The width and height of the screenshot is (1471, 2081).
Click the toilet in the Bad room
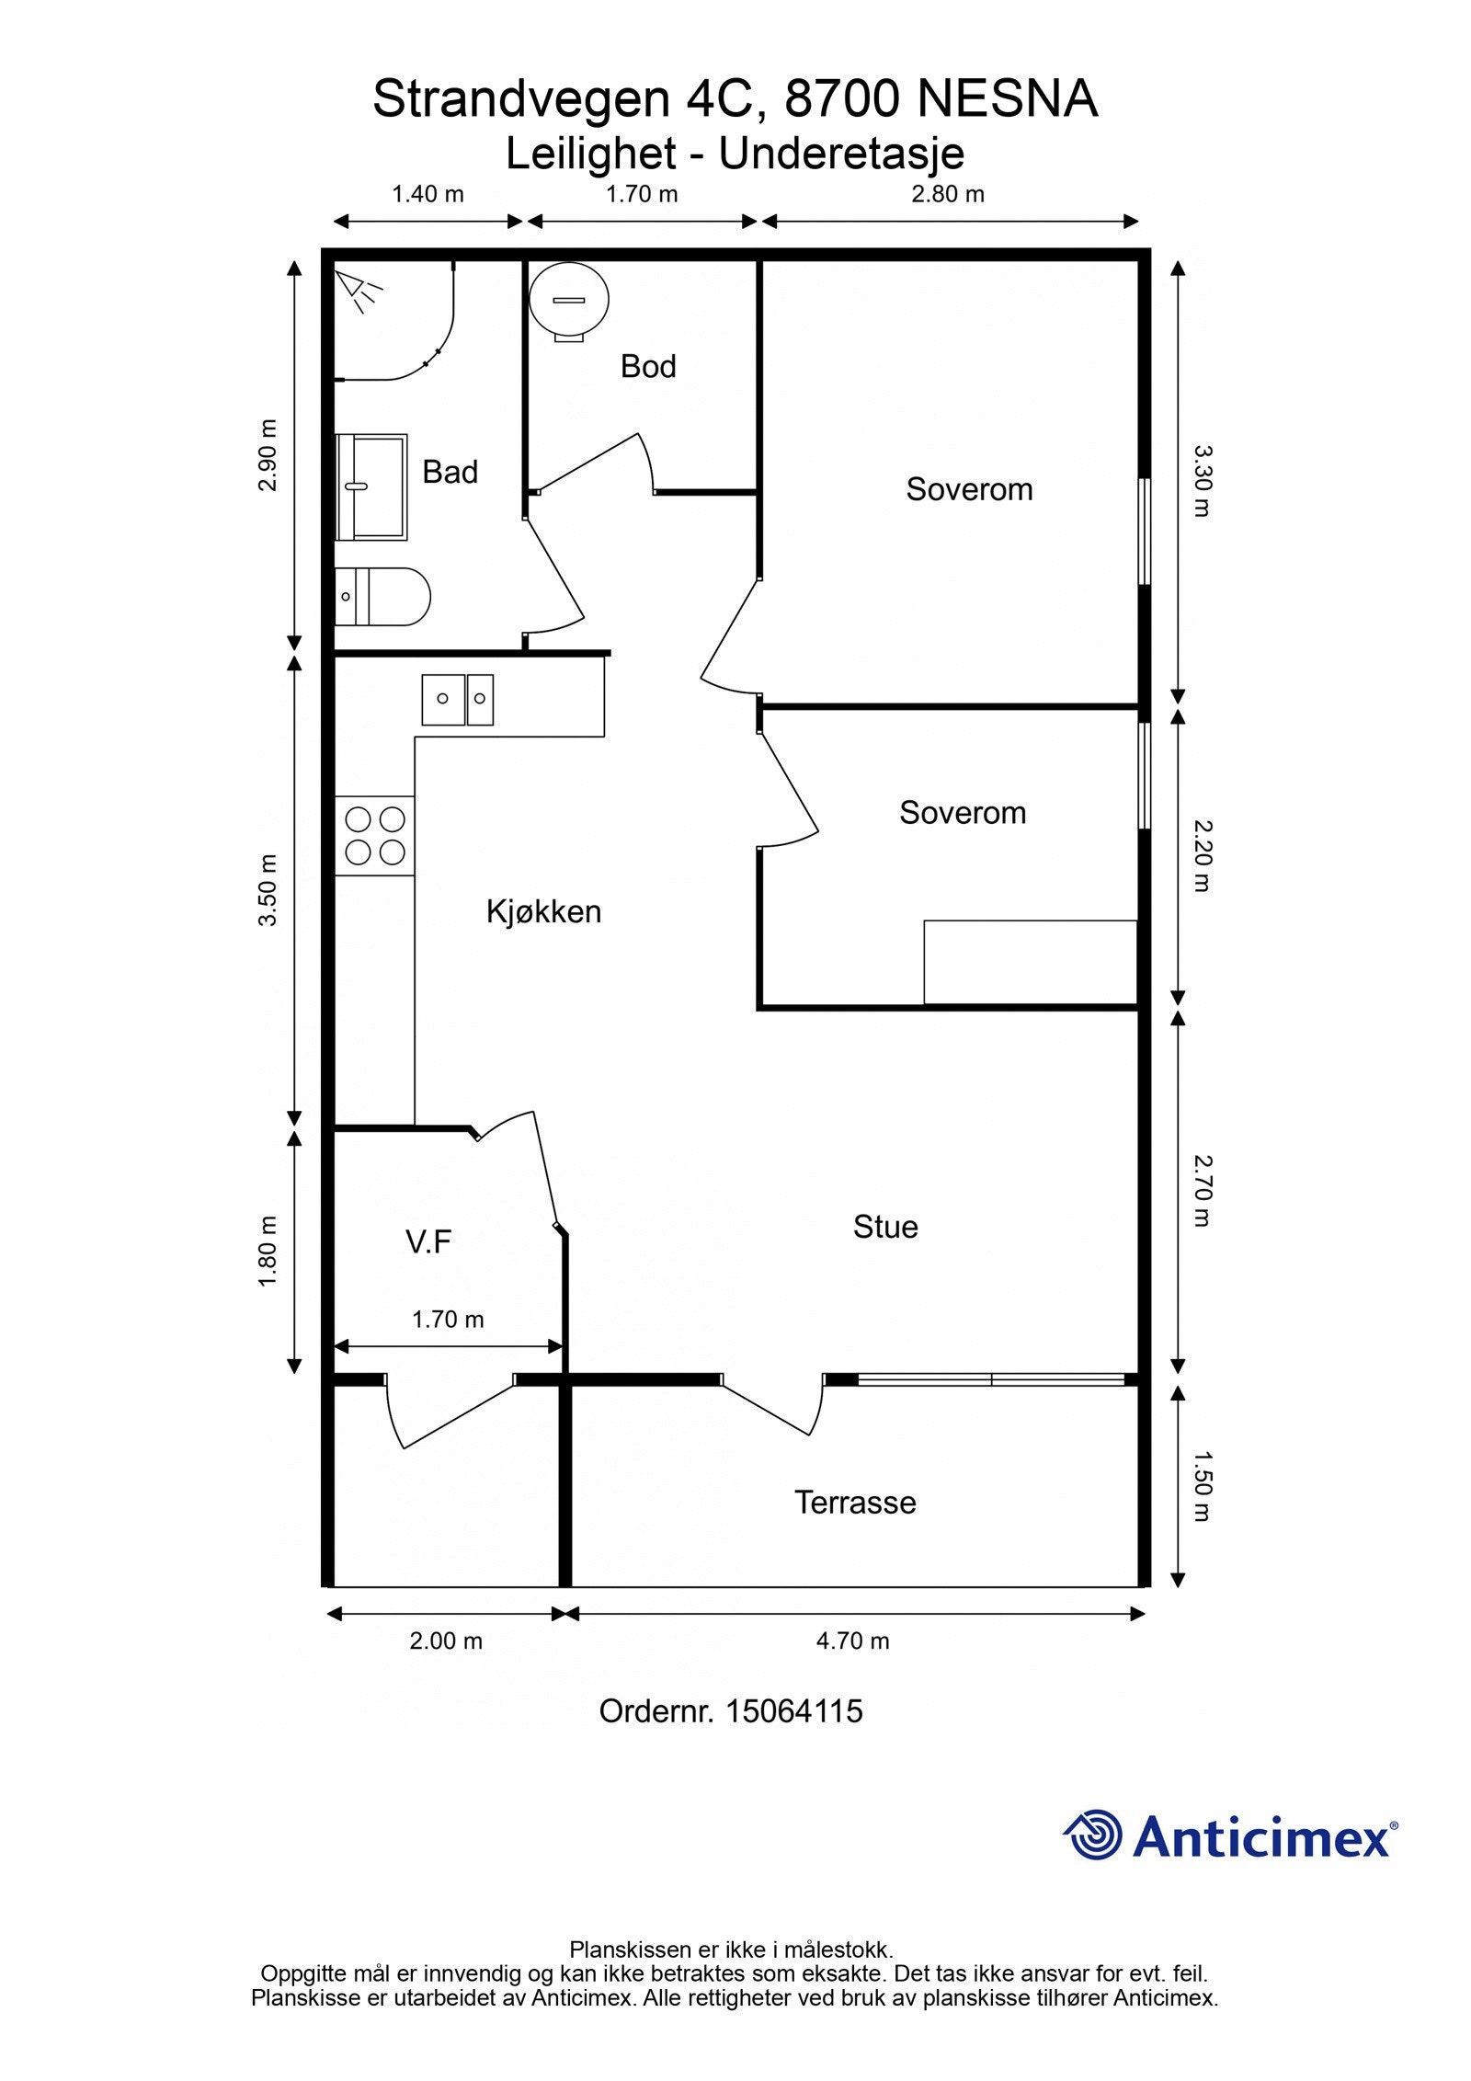[x=382, y=597]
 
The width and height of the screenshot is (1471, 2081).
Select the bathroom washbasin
[x=371, y=487]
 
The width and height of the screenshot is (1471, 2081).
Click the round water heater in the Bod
[x=569, y=301]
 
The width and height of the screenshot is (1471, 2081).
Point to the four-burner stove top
[x=374, y=836]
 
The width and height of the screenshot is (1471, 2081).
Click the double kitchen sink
[x=458, y=700]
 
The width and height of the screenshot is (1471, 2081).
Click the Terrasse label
[x=855, y=1502]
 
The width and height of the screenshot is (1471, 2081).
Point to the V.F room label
[x=428, y=1242]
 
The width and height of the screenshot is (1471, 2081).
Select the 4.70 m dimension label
[x=853, y=1641]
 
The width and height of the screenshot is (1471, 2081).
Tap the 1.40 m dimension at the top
[x=428, y=194]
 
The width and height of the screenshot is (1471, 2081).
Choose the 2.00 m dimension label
[x=446, y=1641]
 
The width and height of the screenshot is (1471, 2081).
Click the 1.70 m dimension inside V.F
[x=448, y=1320]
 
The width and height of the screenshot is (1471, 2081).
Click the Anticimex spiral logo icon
[x=1094, y=1835]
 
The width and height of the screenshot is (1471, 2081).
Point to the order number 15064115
[x=794, y=1711]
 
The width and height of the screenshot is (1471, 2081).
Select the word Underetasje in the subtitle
[x=841, y=154]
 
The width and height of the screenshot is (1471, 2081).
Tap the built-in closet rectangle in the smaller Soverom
[x=1031, y=962]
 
